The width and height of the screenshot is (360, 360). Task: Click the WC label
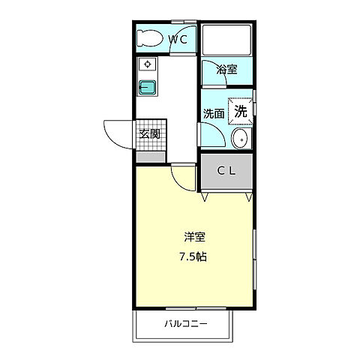click(178, 39)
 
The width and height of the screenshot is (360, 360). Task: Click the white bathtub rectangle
click(226, 39)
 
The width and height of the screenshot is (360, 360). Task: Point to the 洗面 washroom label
click(214, 114)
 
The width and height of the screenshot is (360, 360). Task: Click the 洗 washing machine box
click(241, 111)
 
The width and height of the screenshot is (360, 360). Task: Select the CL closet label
click(226, 171)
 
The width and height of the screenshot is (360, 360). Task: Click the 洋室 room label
click(194, 237)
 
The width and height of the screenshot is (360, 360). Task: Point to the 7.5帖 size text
click(194, 256)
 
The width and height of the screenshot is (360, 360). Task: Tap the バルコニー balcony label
click(186, 325)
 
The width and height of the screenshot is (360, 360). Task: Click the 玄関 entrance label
click(149, 134)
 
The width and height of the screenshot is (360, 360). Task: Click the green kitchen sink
click(148, 87)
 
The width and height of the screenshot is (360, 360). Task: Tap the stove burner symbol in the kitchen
click(147, 65)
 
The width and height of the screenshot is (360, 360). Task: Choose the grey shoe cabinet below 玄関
click(151, 157)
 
